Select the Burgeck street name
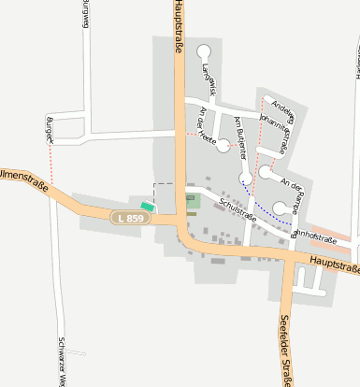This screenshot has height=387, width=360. point(50,130)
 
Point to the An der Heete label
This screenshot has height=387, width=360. point(207,122)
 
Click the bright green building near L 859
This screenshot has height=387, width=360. point(147,206)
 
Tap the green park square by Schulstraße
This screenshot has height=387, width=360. point(192,202)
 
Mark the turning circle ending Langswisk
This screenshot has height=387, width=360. point(204,53)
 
